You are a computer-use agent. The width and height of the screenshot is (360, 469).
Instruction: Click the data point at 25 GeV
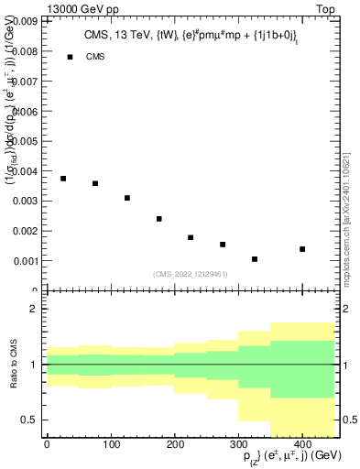click(63, 179)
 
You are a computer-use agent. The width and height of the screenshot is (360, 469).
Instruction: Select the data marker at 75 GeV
click(95, 183)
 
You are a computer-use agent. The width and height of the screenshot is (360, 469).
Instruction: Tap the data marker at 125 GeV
click(127, 198)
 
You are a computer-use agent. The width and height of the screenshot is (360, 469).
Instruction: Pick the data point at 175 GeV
click(159, 219)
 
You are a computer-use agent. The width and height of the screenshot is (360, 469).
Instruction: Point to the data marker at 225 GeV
click(191, 237)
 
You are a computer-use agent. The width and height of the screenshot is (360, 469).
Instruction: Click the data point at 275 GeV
click(223, 245)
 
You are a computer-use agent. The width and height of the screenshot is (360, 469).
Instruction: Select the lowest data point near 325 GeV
click(255, 259)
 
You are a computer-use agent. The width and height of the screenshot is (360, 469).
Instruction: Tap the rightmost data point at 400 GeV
click(302, 249)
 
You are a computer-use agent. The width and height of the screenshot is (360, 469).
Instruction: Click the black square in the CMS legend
click(70, 57)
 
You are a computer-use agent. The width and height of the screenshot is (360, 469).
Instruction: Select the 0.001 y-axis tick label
click(25, 261)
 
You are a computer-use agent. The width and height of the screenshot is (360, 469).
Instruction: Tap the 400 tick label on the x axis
click(302, 445)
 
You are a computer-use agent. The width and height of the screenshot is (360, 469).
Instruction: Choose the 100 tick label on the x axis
click(111, 445)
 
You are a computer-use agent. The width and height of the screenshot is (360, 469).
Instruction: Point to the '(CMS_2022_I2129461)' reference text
click(191, 273)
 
